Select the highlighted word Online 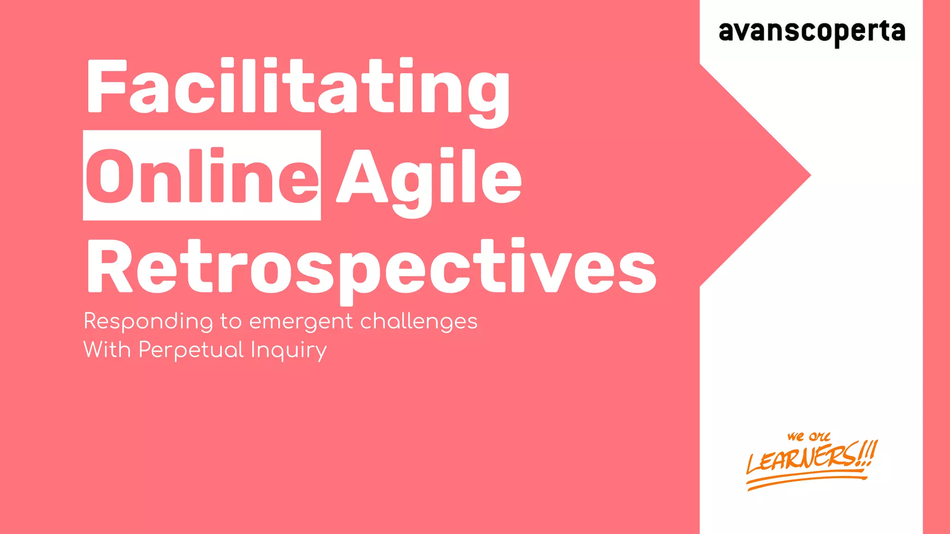202,176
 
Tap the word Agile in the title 429,178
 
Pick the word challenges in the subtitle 418,322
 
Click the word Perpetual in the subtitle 191,350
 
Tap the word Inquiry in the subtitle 289,350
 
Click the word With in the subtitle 107,350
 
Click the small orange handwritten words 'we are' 808,437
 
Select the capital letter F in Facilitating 107,86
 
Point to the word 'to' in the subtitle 231,322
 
